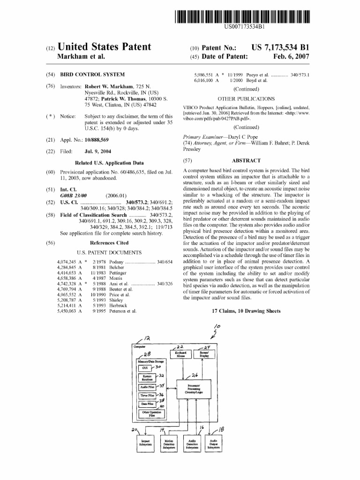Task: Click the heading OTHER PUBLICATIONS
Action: (x=246, y=99)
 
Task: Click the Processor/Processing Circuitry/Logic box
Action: (x=194, y=388)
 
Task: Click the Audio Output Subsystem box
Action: (x=214, y=443)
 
